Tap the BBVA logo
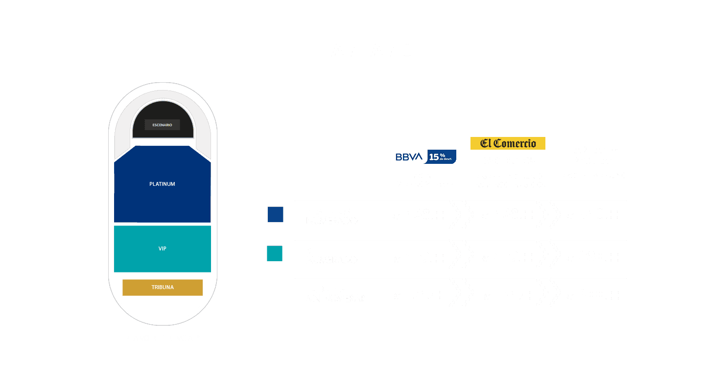409,157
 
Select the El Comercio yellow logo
508,143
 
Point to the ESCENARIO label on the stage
162,125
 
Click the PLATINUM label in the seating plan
162,184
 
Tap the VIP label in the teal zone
162,248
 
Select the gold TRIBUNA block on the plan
162,287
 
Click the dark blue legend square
275,214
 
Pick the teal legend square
275,253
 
